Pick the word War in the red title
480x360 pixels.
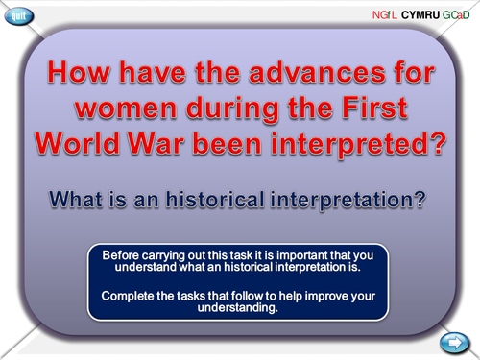click(x=182, y=139)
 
